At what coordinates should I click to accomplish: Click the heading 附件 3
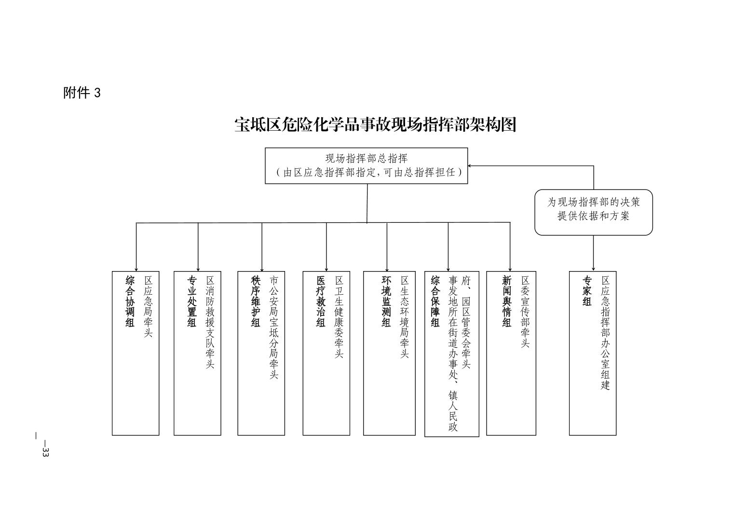point(81,93)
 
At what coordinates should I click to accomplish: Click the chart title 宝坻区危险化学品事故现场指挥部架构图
point(375,125)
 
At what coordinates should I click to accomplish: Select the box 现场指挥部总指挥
point(366,165)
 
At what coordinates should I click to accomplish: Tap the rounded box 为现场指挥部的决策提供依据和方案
point(593,209)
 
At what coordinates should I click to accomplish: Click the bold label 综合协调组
point(130,301)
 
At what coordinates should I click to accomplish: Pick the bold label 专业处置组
point(192,301)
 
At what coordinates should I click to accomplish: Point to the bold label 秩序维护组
point(256,301)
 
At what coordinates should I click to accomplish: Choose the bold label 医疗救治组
point(321,301)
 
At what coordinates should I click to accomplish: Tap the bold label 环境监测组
point(386,301)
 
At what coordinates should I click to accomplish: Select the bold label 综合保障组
point(435,301)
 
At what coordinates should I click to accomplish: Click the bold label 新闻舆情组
point(506,301)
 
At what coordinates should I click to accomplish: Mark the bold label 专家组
point(587,291)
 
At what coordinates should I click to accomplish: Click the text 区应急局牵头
point(148,307)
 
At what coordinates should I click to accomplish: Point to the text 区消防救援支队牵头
point(210,322)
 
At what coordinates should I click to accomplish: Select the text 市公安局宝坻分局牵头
point(273,327)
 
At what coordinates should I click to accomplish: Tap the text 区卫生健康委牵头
point(339,317)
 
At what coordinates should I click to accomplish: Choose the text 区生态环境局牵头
point(405,317)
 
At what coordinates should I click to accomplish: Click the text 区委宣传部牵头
point(525,312)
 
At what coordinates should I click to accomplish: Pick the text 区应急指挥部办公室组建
point(605,333)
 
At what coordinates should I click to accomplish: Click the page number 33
point(45,452)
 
